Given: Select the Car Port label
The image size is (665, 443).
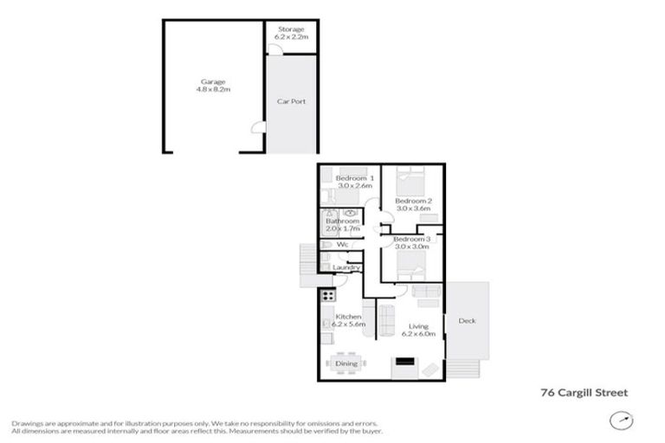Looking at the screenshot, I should tap(291, 101).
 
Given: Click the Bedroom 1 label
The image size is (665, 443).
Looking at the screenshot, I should tap(354, 178).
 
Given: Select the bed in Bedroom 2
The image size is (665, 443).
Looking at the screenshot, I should tap(407, 182).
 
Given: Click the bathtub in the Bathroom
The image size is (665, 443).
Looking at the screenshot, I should tap(326, 222).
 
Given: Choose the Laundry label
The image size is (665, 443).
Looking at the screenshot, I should tap(346, 268).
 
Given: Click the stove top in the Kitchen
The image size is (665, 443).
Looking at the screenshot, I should tap(329, 297).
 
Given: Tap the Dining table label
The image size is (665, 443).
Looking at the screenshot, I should tap(346, 364).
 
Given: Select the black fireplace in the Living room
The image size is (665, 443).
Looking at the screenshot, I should tap(404, 363).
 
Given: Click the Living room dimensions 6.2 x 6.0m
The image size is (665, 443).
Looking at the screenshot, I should tap(420, 334).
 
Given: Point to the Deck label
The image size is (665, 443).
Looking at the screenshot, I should tap(468, 321).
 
